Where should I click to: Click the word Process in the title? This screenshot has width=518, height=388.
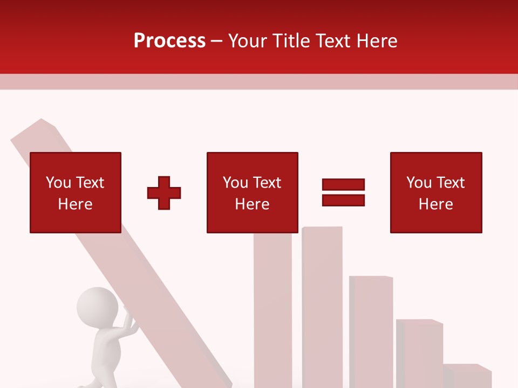(x=169, y=40)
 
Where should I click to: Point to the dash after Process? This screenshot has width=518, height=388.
(x=217, y=41)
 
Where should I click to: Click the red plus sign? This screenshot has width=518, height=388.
(x=164, y=193)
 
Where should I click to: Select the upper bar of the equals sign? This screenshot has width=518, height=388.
(x=343, y=184)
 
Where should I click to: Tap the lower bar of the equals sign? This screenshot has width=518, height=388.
(x=343, y=200)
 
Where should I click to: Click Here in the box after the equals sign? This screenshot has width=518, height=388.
(x=435, y=204)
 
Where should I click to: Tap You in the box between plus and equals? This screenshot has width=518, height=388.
(x=235, y=183)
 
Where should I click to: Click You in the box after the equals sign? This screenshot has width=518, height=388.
(x=419, y=183)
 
